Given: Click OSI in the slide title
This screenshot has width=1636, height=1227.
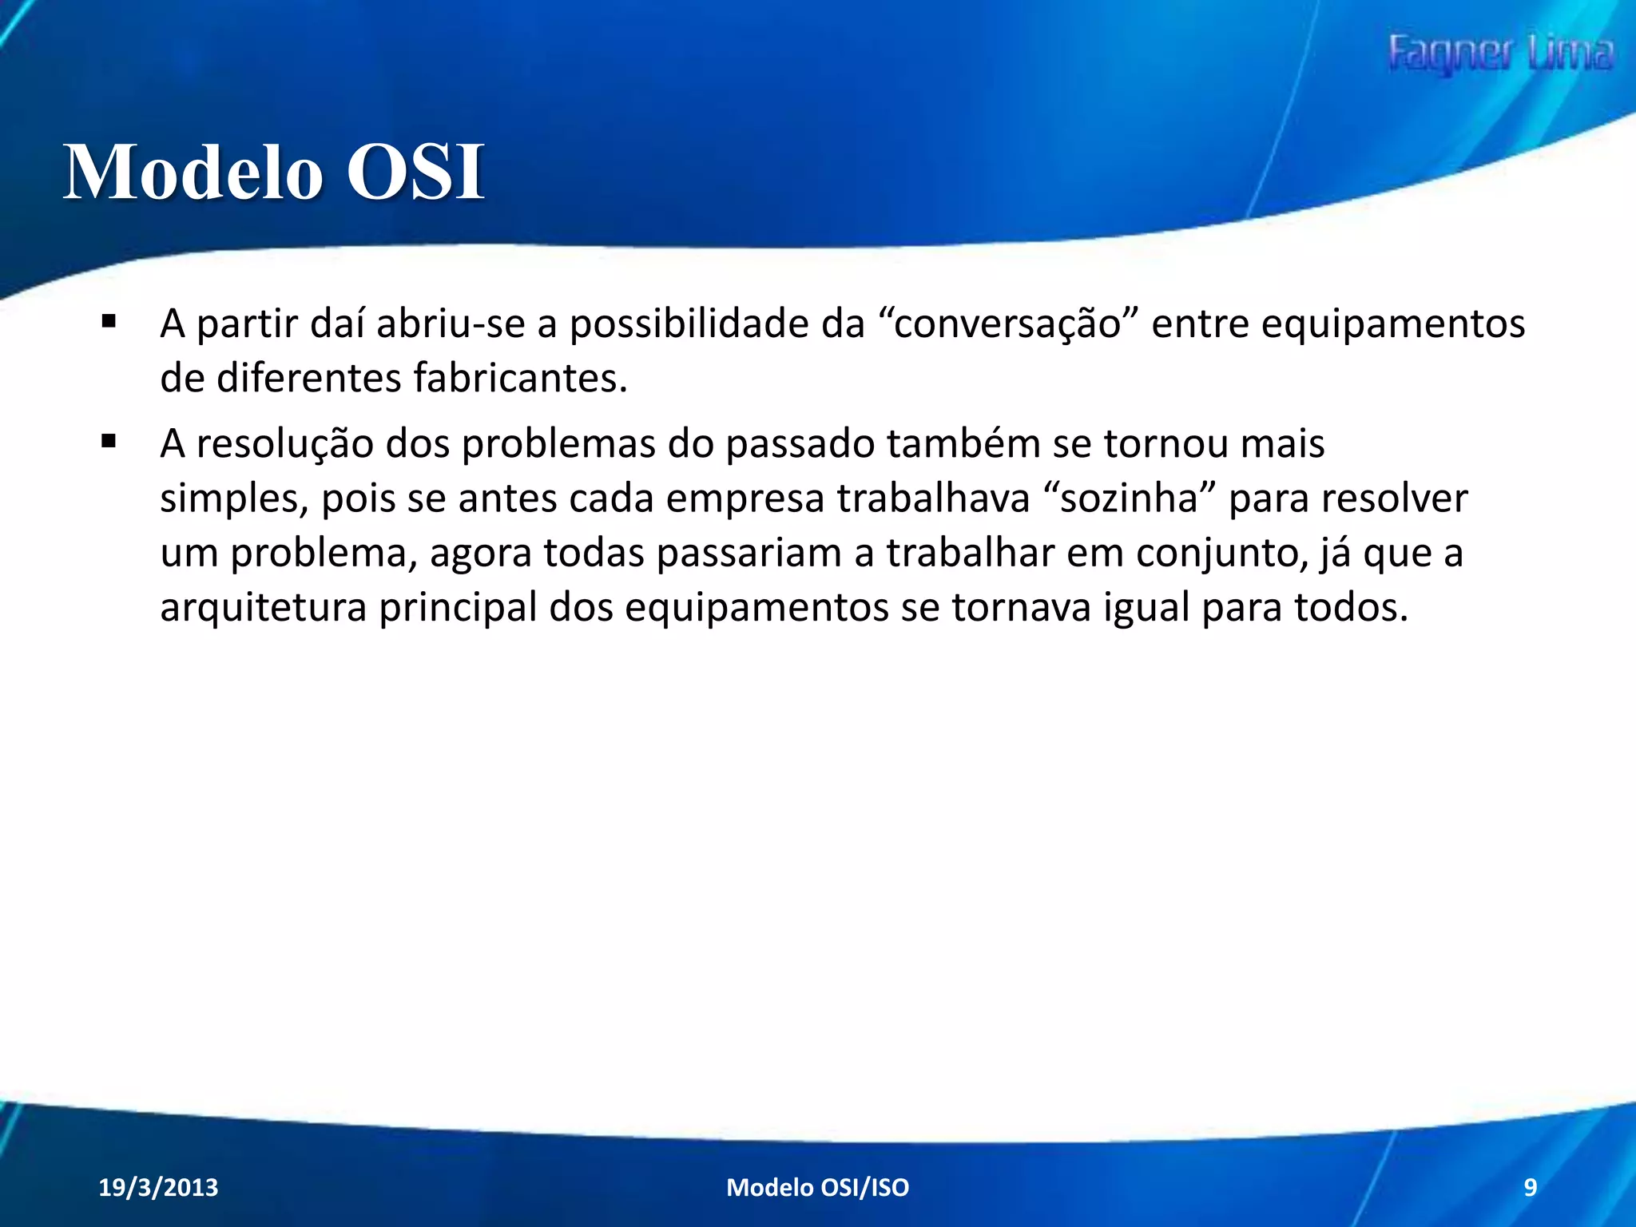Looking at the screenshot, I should tap(415, 172).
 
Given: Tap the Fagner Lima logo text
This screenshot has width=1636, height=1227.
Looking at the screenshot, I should tap(1499, 54).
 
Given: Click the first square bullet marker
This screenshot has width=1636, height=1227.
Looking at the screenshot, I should tap(109, 322).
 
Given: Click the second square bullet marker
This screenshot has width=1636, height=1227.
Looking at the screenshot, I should tap(109, 441).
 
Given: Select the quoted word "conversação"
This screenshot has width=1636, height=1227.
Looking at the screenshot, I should tap(1008, 324).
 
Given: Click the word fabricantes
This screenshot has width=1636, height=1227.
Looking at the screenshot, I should tap(520, 378).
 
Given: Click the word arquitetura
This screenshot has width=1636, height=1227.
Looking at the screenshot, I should tap(263, 607).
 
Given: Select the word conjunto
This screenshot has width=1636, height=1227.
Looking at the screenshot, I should tap(1221, 553).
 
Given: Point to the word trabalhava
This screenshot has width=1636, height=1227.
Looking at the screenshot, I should tap(933, 498).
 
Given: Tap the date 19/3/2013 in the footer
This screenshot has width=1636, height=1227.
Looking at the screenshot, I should tap(158, 1187).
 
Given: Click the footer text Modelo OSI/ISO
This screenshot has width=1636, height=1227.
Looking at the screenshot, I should tap(817, 1187).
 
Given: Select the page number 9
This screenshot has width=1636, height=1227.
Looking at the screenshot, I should tap(1530, 1187).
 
